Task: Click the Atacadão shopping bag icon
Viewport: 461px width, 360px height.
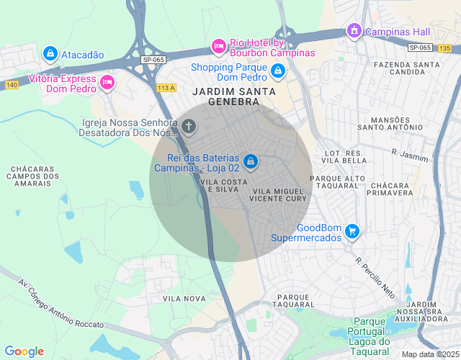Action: point(50,53)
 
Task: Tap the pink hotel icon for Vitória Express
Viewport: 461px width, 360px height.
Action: point(107,82)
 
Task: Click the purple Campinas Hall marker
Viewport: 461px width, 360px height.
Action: point(354,31)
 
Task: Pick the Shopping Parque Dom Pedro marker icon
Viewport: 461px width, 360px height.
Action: point(278,71)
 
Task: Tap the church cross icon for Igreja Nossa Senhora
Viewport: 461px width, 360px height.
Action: point(189,127)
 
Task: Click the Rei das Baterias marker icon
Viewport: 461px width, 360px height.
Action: point(250,161)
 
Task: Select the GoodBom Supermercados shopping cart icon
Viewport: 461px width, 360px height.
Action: point(352,230)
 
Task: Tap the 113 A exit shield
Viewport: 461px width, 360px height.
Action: point(166,88)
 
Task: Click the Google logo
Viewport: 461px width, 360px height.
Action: point(24,351)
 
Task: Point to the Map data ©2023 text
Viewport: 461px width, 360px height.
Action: point(430,354)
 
